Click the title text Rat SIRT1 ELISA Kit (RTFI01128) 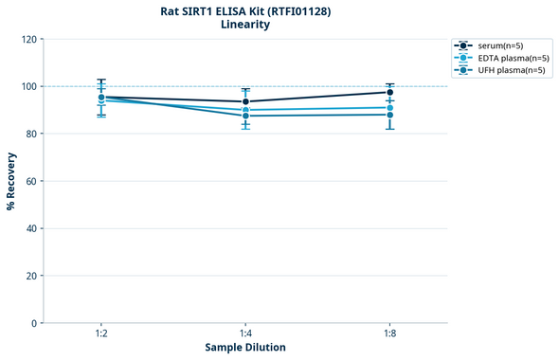tap(244, 10)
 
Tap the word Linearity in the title tap(244, 25)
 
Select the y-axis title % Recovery tap(11, 181)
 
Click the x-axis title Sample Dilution tap(245, 348)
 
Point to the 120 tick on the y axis tap(29, 39)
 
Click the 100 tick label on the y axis tap(29, 86)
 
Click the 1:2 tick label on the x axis tap(101, 333)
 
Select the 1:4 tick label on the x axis tap(245, 333)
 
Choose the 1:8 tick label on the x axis tap(389, 333)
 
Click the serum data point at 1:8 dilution tap(389, 92)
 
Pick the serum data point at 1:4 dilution tap(245, 101)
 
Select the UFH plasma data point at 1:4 tap(245, 116)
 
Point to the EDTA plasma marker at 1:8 tap(389, 108)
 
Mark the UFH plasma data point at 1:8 tap(389, 115)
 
